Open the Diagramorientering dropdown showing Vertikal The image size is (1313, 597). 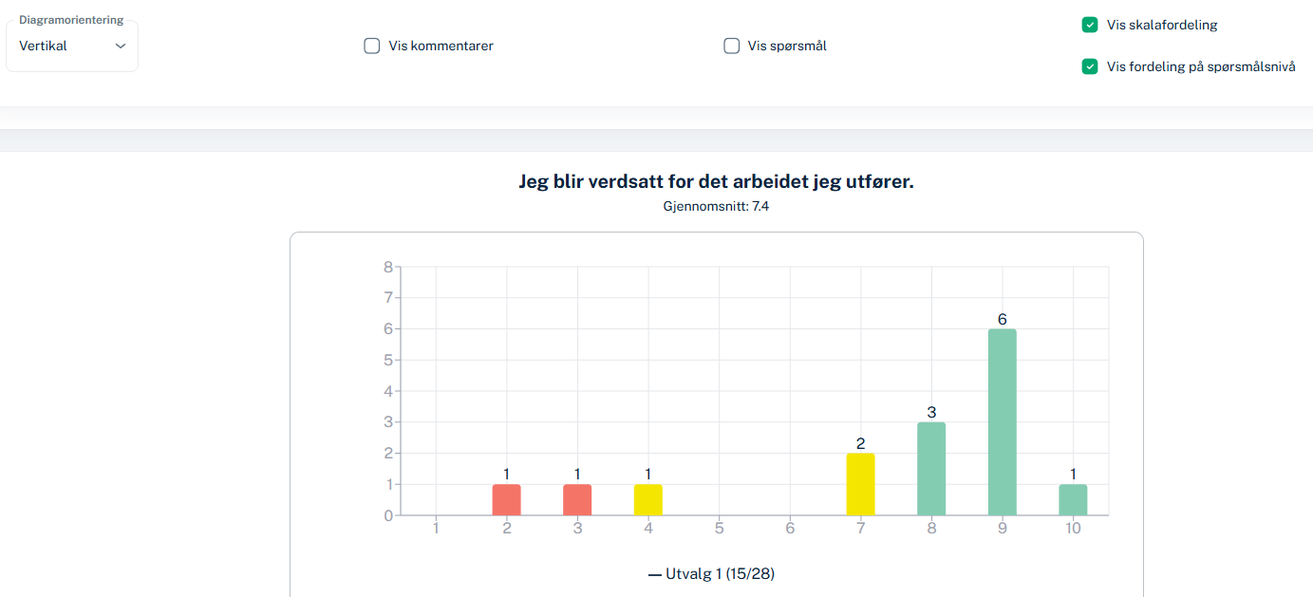tap(72, 46)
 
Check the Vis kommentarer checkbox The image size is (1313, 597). tap(372, 46)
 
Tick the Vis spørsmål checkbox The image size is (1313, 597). tap(731, 46)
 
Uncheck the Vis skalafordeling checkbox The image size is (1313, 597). tap(1090, 25)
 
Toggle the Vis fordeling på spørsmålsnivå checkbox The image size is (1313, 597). tap(1090, 66)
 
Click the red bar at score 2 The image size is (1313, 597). tap(507, 500)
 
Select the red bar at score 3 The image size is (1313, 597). tap(577, 500)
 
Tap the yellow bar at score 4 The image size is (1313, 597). tap(648, 500)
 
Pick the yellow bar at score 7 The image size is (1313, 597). tap(860, 485)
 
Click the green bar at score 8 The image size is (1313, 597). tap(931, 469)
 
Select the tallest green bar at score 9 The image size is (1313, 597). tap(1002, 422)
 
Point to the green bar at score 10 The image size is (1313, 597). tap(1073, 500)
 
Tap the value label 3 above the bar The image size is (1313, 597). tap(931, 413)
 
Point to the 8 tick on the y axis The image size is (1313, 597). tap(387, 267)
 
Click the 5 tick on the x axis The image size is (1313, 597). tap(720, 529)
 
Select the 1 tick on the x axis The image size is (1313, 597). tap(436, 529)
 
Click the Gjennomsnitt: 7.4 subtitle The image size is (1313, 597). tap(716, 206)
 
